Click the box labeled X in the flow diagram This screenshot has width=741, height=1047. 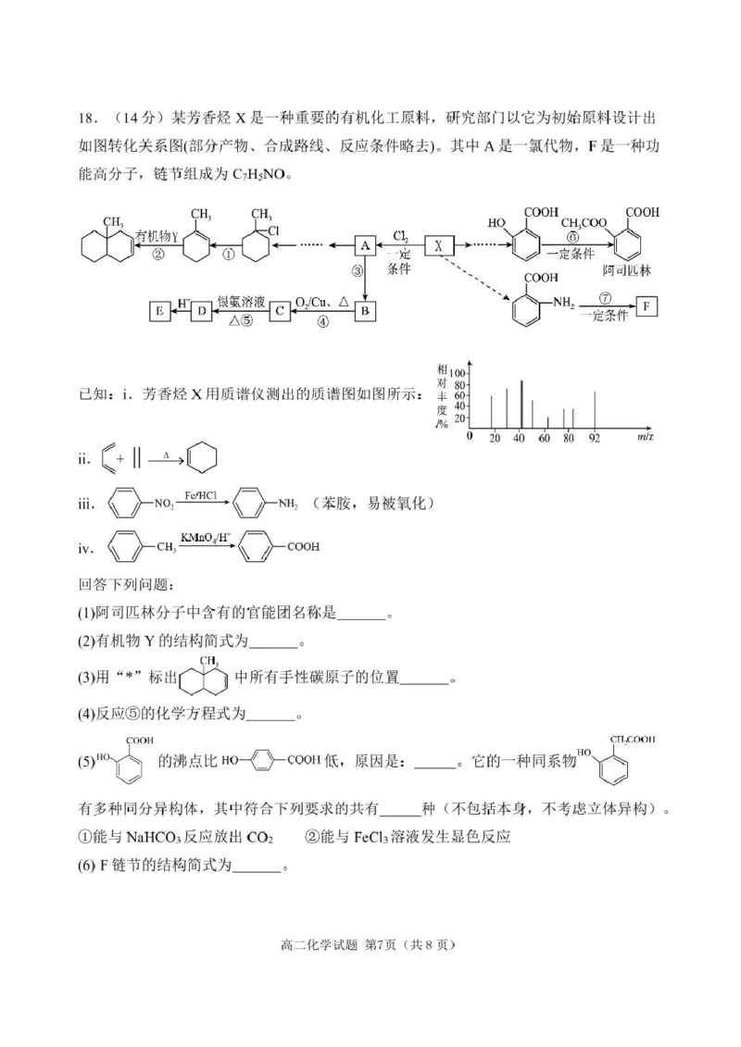click(x=439, y=245)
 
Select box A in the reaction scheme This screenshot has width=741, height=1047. click(x=365, y=245)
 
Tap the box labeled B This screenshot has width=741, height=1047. click(x=365, y=311)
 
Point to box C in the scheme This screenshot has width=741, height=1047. click(x=279, y=312)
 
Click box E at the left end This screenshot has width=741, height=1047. click(x=159, y=312)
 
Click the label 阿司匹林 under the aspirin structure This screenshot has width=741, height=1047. click(x=623, y=271)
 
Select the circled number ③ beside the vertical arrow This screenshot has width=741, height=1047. click(x=355, y=272)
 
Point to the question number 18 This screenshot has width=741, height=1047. click(x=88, y=118)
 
